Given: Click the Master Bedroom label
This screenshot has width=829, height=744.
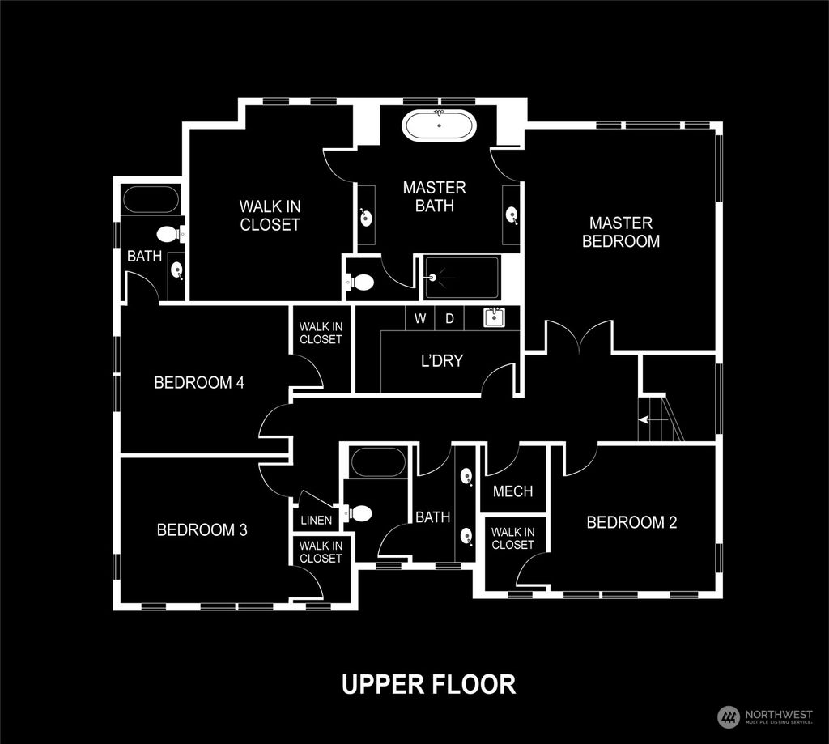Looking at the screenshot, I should pyautogui.click(x=621, y=232).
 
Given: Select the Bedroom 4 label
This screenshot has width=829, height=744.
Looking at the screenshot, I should pyautogui.click(x=199, y=382).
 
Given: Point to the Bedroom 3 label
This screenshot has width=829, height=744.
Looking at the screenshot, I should pyautogui.click(x=202, y=530).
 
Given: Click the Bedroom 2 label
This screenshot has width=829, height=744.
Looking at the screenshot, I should pyautogui.click(x=631, y=522).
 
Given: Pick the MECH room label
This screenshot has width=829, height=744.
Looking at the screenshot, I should pyautogui.click(x=512, y=491).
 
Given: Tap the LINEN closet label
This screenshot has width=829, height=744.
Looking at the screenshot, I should pyautogui.click(x=316, y=521).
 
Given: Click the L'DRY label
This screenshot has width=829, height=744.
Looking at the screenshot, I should pyautogui.click(x=442, y=360).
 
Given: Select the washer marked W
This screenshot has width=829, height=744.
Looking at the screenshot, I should pyautogui.click(x=420, y=318).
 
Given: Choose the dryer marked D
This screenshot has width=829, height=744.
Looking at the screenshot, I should pyautogui.click(x=449, y=318).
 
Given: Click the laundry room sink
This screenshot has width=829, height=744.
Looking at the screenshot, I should pyautogui.click(x=494, y=317).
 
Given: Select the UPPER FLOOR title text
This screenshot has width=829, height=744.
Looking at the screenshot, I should pyautogui.click(x=428, y=683).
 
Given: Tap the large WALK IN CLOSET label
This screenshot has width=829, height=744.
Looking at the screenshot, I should pyautogui.click(x=270, y=215).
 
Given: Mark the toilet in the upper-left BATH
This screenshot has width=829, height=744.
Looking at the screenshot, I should pyautogui.click(x=168, y=235).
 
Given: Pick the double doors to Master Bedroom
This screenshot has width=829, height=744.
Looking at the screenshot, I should pyautogui.click(x=579, y=336).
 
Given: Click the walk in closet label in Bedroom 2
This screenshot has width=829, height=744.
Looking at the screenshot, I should pyautogui.click(x=512, y=538).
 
